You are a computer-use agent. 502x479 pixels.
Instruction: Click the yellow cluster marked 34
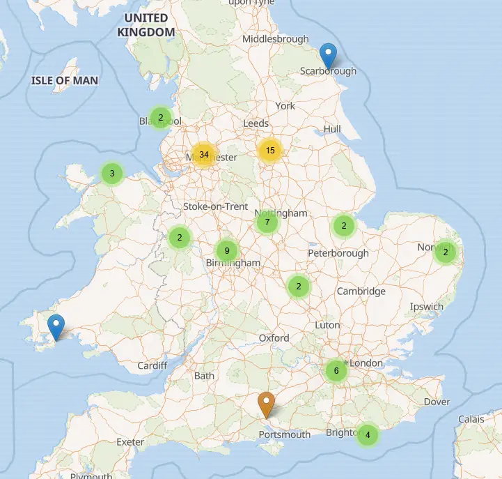203,154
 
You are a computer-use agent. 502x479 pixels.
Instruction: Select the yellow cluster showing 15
270,150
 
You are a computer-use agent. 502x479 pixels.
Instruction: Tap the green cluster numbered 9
227,250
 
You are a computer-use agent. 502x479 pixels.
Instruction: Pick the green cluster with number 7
267,222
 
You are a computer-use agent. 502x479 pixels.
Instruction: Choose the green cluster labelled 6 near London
336,371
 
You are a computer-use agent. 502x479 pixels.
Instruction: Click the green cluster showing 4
368,436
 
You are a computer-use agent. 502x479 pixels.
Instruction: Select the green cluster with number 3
112,173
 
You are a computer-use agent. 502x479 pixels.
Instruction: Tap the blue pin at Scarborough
328,56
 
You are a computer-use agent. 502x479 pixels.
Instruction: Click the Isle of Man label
64,80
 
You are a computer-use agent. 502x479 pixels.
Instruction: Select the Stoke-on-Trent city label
215,206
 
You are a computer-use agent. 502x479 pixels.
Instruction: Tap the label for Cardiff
152,365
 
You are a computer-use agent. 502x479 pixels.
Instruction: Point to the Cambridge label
361,291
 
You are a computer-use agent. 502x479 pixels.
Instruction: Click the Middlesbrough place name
275,39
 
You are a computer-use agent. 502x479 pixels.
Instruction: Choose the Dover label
437,402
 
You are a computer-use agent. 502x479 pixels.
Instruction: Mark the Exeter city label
130,442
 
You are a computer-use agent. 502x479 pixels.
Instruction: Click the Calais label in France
471,419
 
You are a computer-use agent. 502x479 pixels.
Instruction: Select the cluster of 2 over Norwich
446,252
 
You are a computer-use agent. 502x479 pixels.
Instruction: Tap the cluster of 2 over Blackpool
161,117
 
